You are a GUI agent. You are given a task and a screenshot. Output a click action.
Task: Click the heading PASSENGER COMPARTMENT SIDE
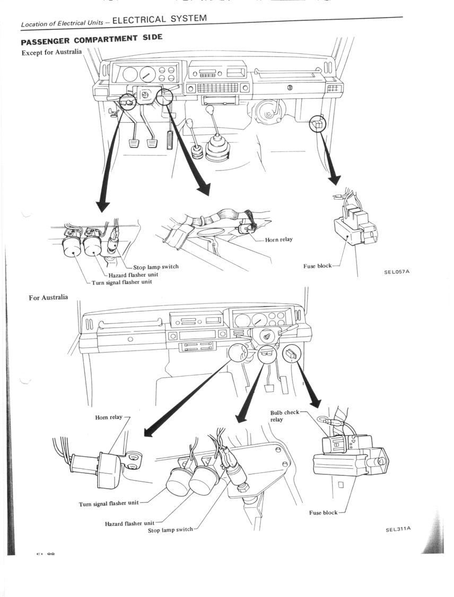pos(91,40)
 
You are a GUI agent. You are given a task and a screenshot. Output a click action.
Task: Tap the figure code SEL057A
pos(397,272)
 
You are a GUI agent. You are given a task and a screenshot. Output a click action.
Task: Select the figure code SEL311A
pos(398,529)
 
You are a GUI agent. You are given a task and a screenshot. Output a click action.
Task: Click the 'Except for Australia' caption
pos(51,52)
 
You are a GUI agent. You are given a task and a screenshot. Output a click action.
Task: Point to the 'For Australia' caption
pos(48,297)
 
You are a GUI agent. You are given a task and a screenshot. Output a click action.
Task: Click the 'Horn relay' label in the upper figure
pos(278,240)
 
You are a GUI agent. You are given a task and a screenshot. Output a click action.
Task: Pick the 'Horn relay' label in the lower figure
pos(109,417)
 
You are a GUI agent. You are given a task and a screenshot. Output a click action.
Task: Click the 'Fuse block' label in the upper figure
pos(318,266)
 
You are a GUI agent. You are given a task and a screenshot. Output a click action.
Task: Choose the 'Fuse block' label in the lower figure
pos(323,513)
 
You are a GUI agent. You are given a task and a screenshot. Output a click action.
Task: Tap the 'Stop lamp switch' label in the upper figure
pos(155,267)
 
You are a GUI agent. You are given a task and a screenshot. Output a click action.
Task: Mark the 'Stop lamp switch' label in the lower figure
pos(170,530)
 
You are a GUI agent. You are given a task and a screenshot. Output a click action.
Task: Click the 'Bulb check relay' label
pos(285,416)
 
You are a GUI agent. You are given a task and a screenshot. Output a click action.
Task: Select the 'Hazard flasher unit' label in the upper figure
pos(133,275)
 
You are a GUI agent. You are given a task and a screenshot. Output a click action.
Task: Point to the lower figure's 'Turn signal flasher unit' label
pos(109,504)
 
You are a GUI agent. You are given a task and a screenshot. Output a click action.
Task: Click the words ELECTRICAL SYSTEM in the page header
pos(159,19)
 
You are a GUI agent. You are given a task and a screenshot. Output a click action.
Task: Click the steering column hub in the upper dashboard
pos(144,96)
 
